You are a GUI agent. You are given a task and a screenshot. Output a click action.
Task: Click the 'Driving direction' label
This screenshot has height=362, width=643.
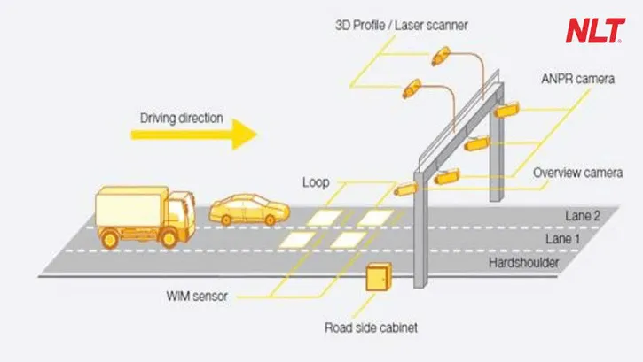[183, 116]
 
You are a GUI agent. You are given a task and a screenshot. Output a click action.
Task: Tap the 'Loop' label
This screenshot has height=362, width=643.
[316, 182]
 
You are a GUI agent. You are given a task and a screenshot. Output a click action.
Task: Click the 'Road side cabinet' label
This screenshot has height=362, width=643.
[371, 328]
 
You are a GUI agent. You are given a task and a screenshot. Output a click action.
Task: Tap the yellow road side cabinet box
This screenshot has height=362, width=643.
[376, 283]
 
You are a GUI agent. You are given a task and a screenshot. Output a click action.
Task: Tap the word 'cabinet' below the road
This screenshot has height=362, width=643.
[396, 328]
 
